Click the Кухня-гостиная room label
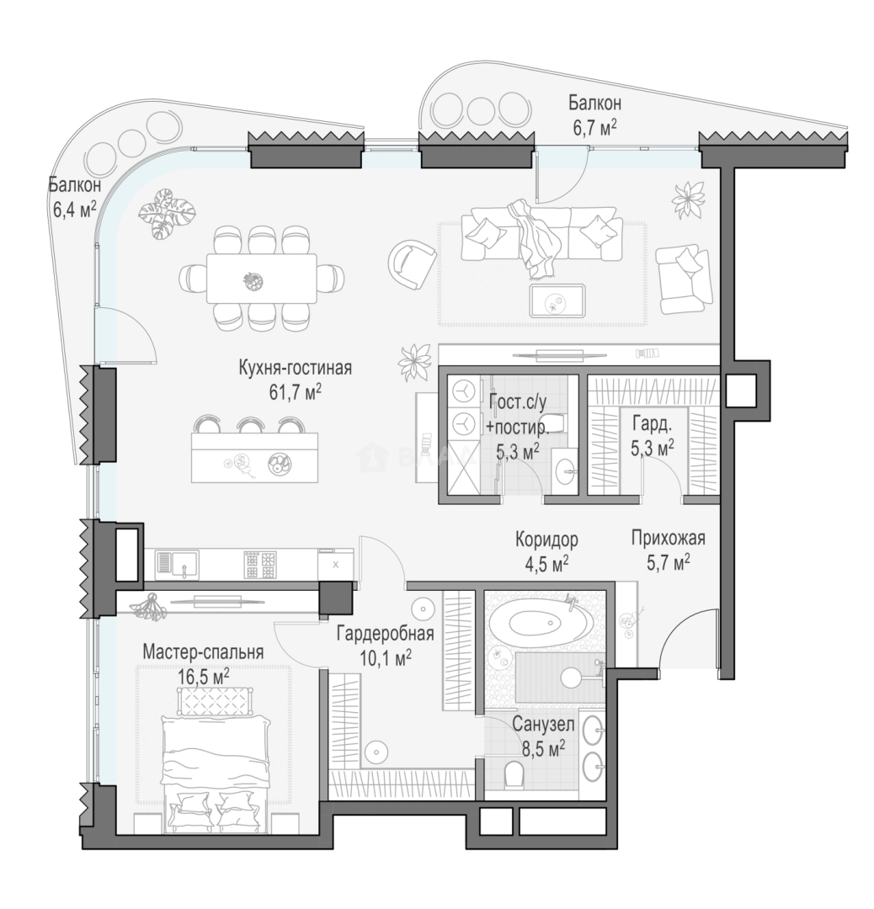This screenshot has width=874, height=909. (296, 368)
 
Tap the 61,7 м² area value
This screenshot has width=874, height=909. (296, 392)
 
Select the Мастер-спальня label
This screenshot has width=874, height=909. (203, 651)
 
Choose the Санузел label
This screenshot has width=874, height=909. (543, 725)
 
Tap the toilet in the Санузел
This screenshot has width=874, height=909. (514, 774)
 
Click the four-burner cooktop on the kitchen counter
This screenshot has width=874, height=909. (260, 565)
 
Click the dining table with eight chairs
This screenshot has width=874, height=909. (262, 279)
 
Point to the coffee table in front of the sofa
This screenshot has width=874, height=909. (557, 300)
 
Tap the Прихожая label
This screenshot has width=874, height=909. (668, 538)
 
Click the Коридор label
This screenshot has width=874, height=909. (546, 540)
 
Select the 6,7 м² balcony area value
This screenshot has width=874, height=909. (594, 127)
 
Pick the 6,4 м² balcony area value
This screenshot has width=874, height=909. (74, 209)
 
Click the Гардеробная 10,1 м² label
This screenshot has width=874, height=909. (385, 644)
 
